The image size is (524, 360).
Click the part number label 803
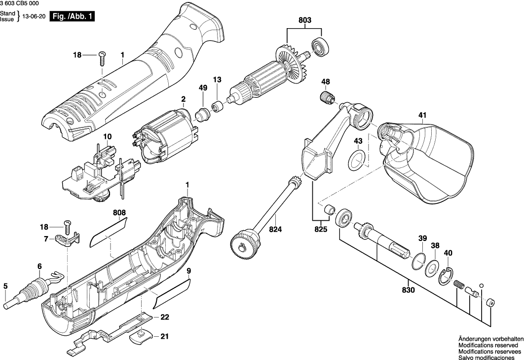coord(305,20)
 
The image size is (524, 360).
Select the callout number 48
coord(326,81)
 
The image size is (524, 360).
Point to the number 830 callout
coord(409,290)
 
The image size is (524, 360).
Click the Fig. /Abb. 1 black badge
coord(73,17)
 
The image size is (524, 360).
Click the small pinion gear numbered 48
coord(327,97)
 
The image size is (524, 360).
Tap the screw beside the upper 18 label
coord(102,58)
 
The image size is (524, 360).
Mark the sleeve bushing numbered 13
coord(217,106)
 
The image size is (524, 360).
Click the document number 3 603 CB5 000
coord(20,3)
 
